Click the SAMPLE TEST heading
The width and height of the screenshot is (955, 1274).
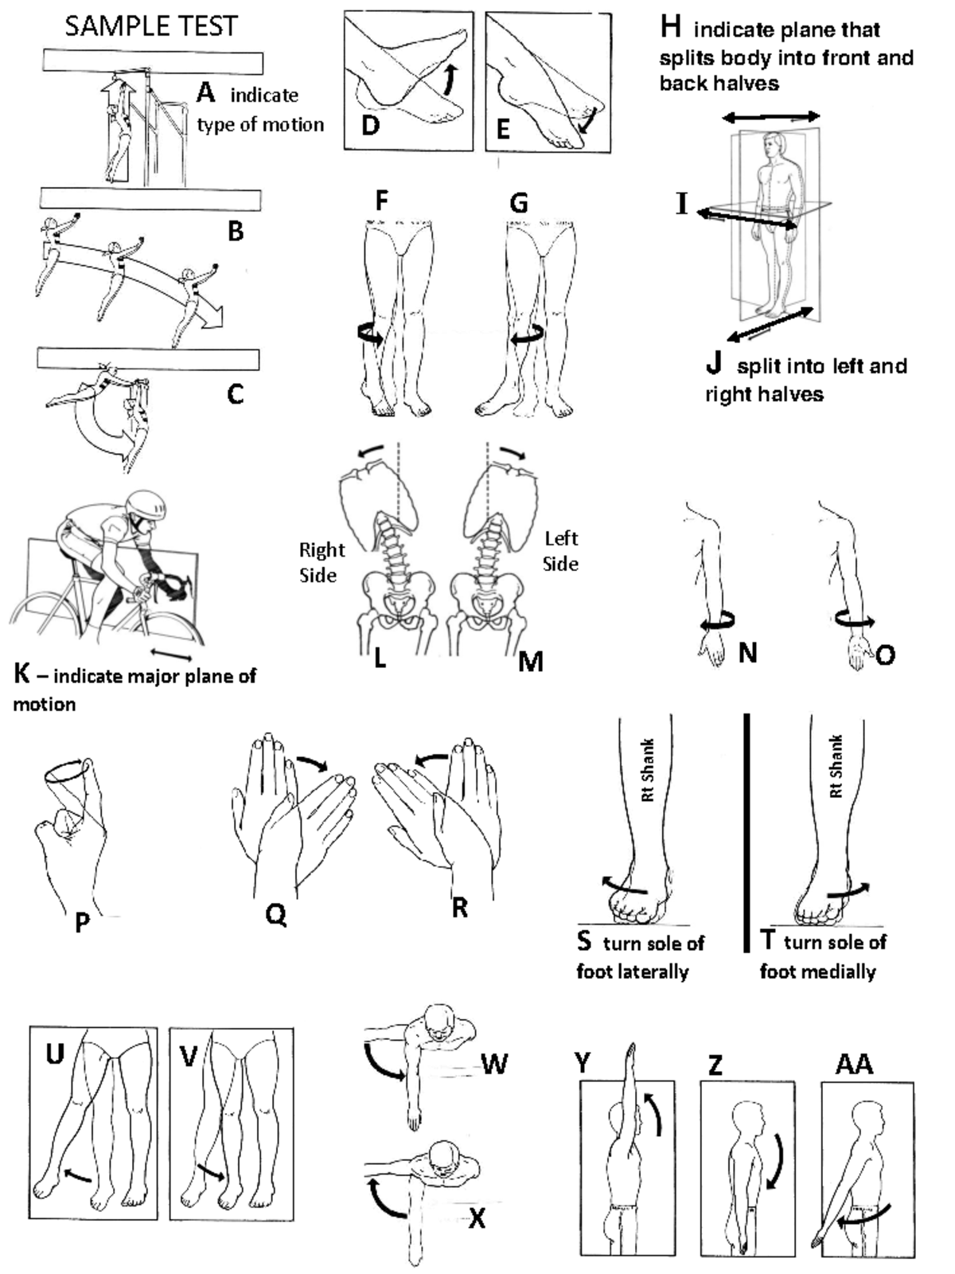coord(150,26)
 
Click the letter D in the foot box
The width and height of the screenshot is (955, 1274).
coord(370,126)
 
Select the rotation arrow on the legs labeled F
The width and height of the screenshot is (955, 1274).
coord(370,334)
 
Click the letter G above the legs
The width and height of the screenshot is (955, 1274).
coord(518,203)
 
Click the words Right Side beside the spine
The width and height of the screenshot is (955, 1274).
coord(322,562)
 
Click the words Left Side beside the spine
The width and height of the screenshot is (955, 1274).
coord(560,551)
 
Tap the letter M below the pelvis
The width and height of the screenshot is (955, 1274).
coord(530,661)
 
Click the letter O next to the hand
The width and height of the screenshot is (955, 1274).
coord(884,655)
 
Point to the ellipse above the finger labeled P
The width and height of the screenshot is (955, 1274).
coord(64,770)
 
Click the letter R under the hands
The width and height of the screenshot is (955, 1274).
coord(459,908)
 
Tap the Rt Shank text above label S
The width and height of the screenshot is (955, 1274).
coord(648,770)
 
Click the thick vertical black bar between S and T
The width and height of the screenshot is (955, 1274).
coord(746,832)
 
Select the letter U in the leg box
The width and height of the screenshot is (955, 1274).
coord(55,1054)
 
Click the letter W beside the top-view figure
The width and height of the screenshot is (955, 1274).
coord(494,1064)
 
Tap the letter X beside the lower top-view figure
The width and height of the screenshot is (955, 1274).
coord(477,1217)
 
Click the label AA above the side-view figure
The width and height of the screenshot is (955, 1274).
coord(854,1064)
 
